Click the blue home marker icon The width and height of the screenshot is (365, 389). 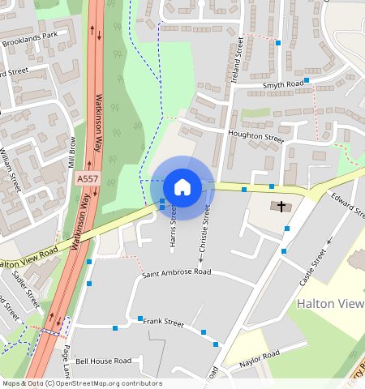tap(182, 187)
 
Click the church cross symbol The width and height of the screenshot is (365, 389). tap(282, 207)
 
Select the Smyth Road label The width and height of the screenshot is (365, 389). tap(282, 84)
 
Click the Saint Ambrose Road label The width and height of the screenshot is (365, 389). tap(176, 273)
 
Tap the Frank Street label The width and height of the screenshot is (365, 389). tap(164, 322)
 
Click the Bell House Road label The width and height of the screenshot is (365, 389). tap(103, 361)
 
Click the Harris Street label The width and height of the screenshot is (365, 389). tap(173, 231)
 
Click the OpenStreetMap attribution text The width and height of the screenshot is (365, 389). tap(82, 383)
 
